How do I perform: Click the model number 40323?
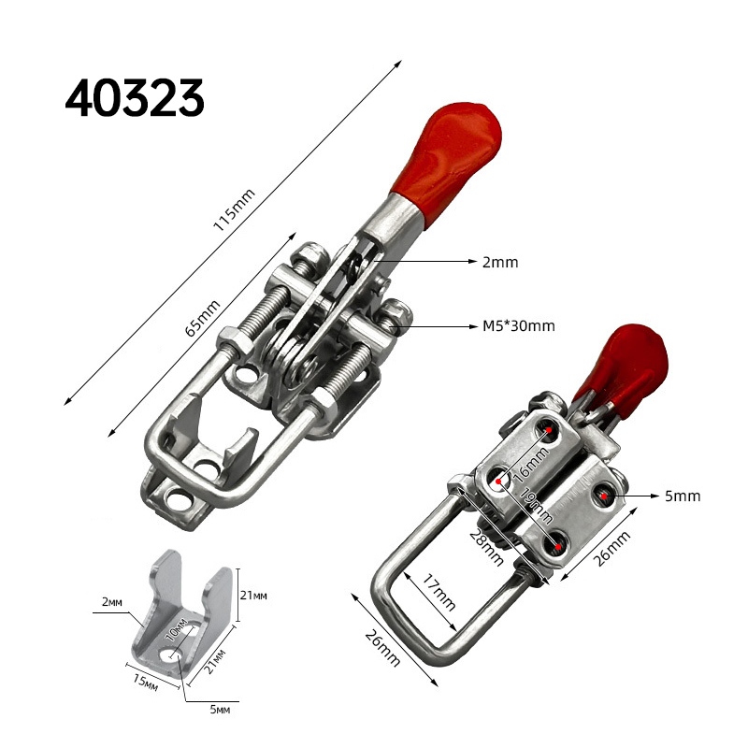click(135, 98)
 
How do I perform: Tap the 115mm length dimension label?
click(234, 209)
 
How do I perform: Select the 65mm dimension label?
click(202, 318)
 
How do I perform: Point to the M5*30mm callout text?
click(519, 326)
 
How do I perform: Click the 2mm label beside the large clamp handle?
click(500, 262)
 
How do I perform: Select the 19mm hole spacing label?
click(537, 505)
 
